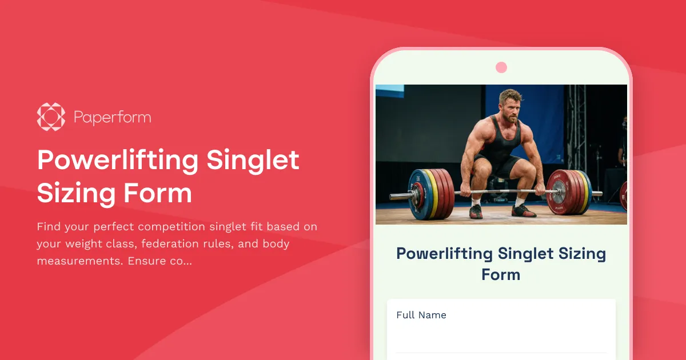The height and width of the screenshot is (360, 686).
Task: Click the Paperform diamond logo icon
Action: click(51, 117)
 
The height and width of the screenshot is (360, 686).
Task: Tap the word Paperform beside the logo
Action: click(112, 118)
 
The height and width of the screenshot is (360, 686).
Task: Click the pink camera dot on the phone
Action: click(501, 67)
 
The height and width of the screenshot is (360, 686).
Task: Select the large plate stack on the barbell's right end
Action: click(569, 193)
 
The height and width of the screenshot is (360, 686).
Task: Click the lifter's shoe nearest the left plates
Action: click(476, 211)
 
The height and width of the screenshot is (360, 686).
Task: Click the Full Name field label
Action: click(421, 315)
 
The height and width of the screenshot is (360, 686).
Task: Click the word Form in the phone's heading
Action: click(501, 275)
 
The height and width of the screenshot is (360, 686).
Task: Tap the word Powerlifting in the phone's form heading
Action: click(445, 254)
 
